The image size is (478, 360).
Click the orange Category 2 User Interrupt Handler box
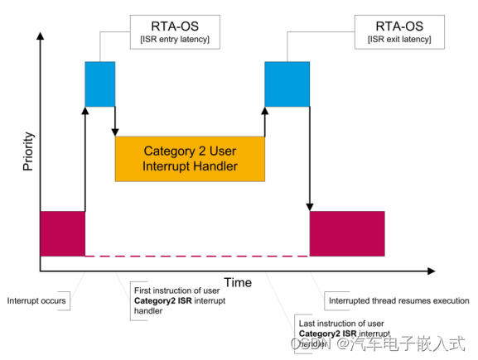pyautogui.click(x=190, y=158)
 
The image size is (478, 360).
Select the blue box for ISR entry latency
pyautogui.click(x=100, y=84)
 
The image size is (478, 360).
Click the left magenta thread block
pyautogui.click(x=62, y=233)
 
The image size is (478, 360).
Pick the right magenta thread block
pyautogui.click(x=346, y=233)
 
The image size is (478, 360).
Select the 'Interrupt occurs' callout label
pyautogui.click(x=36, y=300)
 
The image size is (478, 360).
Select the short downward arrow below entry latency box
pyautogui.click(x=115, y=122)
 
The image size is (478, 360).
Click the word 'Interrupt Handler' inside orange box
pyautogui.click(x=190, y=166)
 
